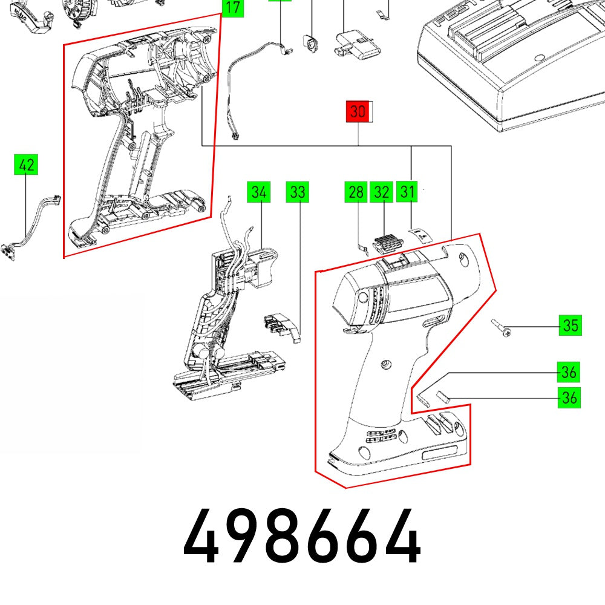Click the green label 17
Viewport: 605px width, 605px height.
click(232, 8)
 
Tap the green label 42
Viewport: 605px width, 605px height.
click(26, 165)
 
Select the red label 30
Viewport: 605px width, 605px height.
click(358, 112)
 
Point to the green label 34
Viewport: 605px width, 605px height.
click(258, 192)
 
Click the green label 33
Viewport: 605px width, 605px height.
click(297, 192)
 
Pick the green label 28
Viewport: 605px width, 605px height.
click(356, 192)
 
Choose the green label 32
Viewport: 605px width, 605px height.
click(382, 192)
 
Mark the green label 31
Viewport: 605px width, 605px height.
click(408, 192)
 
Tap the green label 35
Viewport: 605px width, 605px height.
click(569, 325)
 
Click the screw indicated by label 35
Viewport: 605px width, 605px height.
click(502, 328)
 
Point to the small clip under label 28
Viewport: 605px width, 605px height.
click(361, 246)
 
